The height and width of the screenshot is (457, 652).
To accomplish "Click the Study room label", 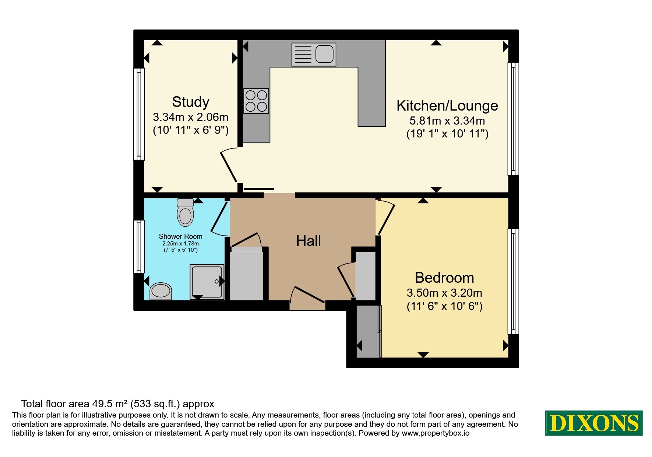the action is click(x=190, y=102).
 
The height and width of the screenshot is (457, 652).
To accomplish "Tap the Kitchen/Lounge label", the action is click(x=447, y=106).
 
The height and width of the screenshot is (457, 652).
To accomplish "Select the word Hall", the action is click(x=309, y=241).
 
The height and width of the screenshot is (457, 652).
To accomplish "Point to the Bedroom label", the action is click(x=444, y=278).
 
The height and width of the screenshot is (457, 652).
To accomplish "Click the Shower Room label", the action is click(x=180, y=236).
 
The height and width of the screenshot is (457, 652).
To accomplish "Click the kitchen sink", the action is click(x=314, y=54).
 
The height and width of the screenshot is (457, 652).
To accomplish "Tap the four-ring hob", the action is click(x=256, y=101).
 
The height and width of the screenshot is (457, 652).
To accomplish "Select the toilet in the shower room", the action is click(x=185, y=212).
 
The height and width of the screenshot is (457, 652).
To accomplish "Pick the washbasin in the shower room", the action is click(x=161, y=291).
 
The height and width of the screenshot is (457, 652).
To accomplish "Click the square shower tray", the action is click(x=207, y=282).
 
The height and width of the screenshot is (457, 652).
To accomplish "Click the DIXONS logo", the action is click(x=593, y=423).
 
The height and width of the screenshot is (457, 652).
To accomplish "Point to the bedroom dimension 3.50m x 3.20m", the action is click(x=444, y=293).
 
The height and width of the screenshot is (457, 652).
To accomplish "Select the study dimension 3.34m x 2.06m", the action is click(x=190, y=117).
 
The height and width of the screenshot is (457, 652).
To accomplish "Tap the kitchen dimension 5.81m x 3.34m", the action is click(x=447, y=121).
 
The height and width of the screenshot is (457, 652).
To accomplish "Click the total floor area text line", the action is click(x=117, y=404).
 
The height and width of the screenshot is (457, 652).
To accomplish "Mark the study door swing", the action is click(x=229, y=167).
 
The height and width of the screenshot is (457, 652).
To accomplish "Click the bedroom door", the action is click(x=385, y=218).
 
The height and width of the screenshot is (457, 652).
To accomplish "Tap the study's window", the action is click(x=139, y=114).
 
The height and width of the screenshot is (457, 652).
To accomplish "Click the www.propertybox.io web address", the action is click(x=436, y=433).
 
